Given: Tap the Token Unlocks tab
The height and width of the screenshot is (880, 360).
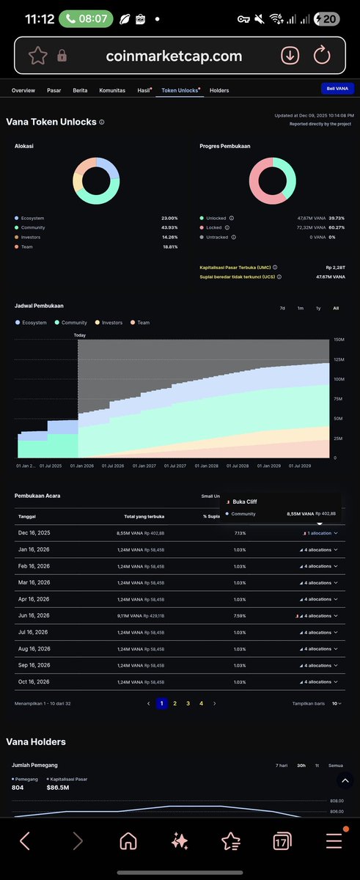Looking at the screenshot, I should pos(180,90).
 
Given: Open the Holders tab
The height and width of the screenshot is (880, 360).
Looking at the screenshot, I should pos(219,90).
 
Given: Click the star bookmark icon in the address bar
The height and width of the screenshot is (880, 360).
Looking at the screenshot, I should pos(38,56).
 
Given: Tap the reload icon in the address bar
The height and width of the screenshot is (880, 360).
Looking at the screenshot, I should pos(322,56).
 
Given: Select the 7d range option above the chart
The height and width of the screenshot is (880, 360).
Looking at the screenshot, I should pos(282,308).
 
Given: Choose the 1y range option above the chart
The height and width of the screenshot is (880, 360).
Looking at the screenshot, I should pos(317,308).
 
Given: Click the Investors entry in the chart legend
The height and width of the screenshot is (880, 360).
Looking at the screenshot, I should pos(112,323).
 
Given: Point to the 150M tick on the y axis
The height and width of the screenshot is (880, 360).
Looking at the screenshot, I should pos(339,340).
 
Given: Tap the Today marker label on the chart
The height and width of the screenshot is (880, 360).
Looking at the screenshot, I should pos(80,335).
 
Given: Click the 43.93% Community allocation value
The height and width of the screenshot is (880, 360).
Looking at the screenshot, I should pos(169,227).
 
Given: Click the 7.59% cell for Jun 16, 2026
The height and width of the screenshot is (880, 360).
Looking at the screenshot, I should pos(239,616).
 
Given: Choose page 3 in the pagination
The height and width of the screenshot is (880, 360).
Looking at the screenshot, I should pos(188,703).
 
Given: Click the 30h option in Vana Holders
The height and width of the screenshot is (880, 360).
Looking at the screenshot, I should pos(301,766).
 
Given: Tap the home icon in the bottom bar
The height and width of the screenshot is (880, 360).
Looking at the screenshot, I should pos(128,841).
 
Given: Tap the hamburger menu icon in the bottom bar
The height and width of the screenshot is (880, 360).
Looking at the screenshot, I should pos(334,841).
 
